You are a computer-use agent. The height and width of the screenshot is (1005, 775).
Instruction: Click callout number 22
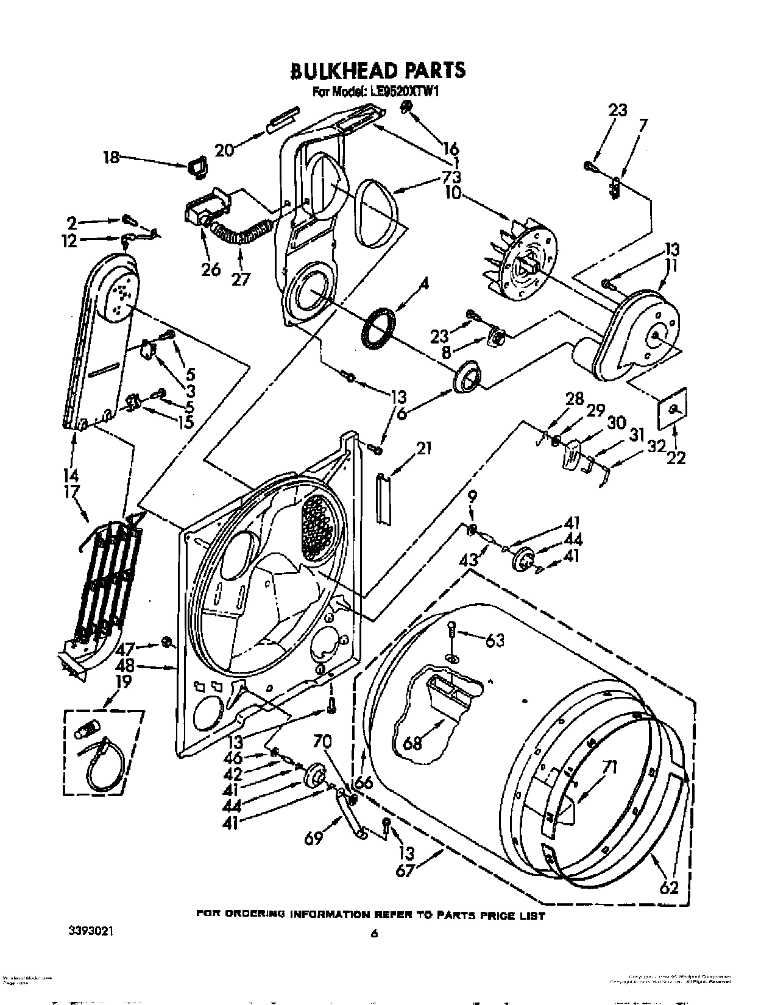(x=675, y=456)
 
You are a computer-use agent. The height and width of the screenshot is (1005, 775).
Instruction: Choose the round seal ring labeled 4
(x=378, y=330)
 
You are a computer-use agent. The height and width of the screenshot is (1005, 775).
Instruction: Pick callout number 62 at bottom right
(x=668, y=887)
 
